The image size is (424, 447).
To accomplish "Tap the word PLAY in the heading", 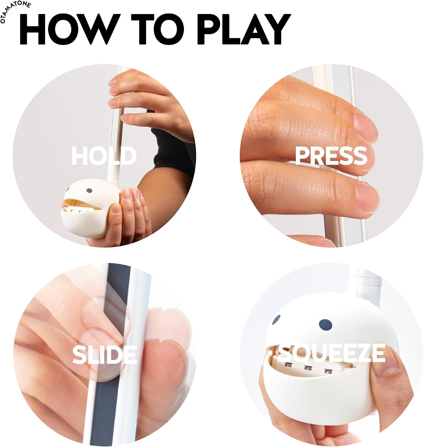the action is point(244,29).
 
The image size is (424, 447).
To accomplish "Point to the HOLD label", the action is point(104,156).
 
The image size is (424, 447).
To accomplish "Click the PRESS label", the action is point(331,156).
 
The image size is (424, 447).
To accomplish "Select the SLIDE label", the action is point(105,354).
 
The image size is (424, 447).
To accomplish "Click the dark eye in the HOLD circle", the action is point(89,191).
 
